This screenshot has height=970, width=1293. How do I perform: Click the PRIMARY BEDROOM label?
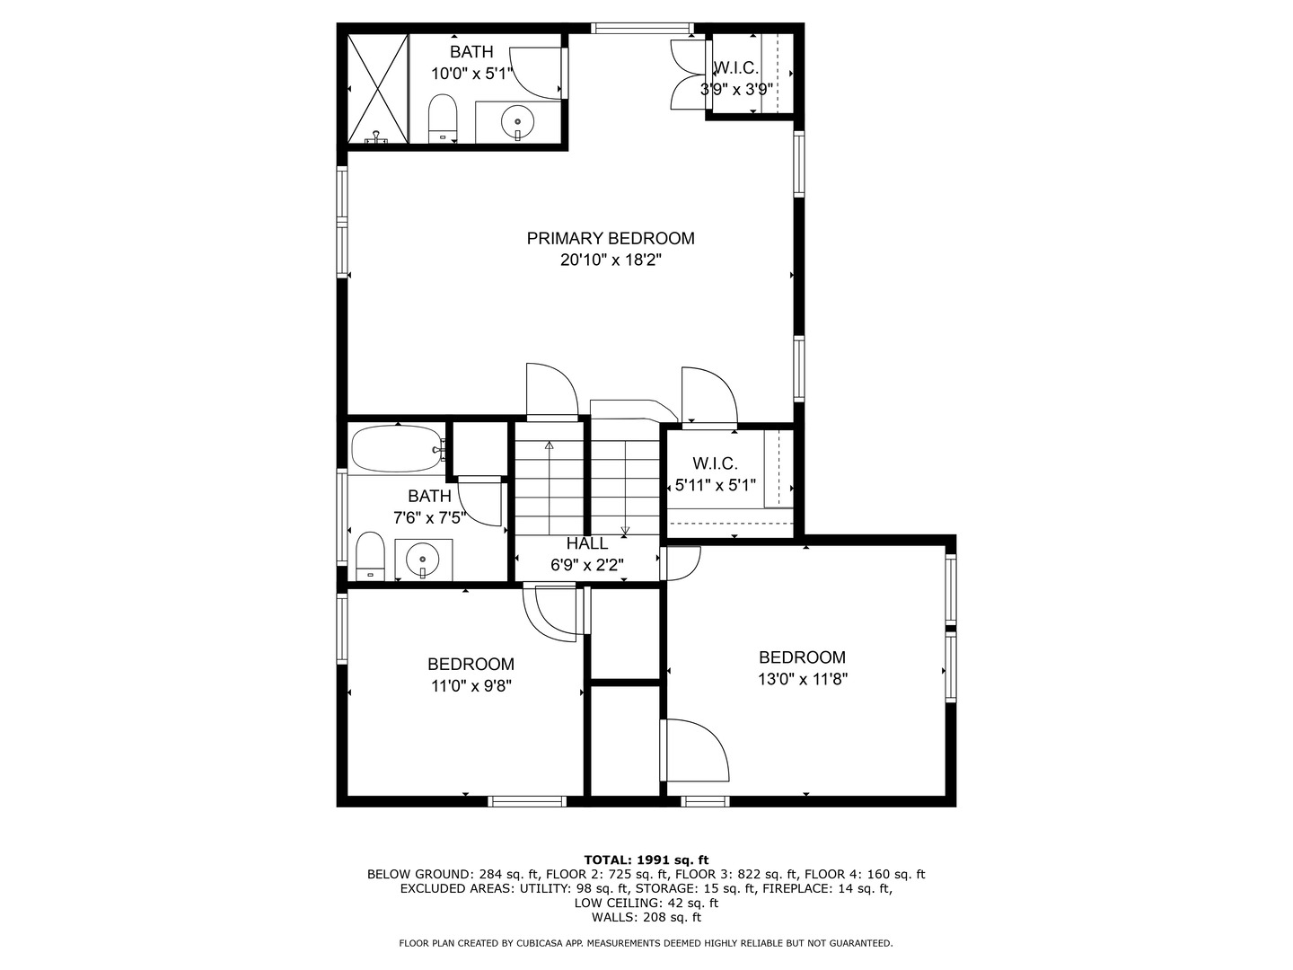(x=611, y=239)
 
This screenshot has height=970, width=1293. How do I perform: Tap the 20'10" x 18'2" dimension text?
(x=611, y=260)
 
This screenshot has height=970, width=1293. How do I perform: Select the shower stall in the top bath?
(x=378, y=88)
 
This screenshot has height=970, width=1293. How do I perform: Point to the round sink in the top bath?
(x=517, y=122)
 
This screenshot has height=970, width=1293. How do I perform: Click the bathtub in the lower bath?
(x=398, y=448)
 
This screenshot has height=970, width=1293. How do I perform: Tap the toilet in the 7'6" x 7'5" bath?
(x=370, y=556)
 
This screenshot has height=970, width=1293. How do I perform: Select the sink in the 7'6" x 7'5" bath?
(x=423, y=559)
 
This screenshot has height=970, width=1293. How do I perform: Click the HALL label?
(x=586, y=543)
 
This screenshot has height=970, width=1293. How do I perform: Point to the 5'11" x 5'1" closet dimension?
(x=715, y=485)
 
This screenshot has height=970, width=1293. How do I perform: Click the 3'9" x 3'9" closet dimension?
(x=736, y=90)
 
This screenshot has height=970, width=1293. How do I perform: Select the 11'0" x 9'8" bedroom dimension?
(x=471, y=686)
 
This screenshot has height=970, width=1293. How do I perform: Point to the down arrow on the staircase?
(x=625, y=489)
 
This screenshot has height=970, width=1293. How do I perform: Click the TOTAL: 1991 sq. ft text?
(x=646, y=860)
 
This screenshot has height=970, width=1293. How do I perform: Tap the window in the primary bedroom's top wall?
(x=641, y=28)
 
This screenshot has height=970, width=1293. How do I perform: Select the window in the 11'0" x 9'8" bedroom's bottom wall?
(x=526, y=801)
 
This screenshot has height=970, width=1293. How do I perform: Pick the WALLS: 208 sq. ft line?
(x=646, y=917)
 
